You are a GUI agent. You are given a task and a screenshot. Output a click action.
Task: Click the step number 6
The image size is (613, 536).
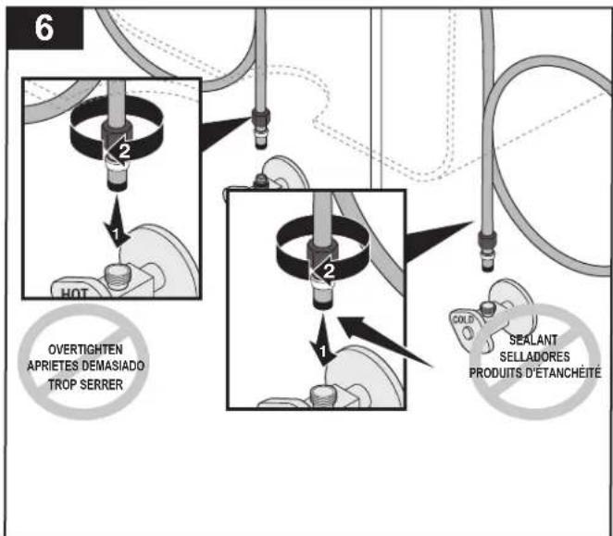pos(44,28)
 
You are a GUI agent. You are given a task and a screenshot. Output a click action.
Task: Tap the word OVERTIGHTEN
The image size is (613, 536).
pos(85,349)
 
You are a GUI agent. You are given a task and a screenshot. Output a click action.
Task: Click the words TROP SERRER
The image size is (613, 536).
pos(85,385)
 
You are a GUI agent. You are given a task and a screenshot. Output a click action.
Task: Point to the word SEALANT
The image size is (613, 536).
pos(533,340)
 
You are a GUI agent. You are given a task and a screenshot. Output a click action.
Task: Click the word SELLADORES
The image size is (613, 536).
pos(534,356)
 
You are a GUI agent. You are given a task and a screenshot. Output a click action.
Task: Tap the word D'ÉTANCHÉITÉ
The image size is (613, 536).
pos(563,373)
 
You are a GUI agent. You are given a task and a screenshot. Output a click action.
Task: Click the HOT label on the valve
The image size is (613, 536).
pos(74,293)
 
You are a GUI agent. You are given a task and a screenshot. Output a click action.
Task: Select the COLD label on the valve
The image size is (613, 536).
pos(463,319)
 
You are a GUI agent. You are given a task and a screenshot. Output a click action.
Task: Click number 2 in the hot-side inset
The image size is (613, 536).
pos(124,152)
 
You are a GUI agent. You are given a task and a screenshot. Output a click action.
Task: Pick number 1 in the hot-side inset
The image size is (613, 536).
pos(115,234)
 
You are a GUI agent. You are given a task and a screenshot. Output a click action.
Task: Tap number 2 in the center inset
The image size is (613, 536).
pos(329,271)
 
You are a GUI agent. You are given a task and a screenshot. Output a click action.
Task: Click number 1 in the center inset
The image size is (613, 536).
pos(322,352)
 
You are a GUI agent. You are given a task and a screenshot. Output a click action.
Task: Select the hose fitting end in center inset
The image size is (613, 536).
pos(322,296)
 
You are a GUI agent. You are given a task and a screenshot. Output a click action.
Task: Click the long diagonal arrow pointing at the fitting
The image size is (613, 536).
pos(385,342)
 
